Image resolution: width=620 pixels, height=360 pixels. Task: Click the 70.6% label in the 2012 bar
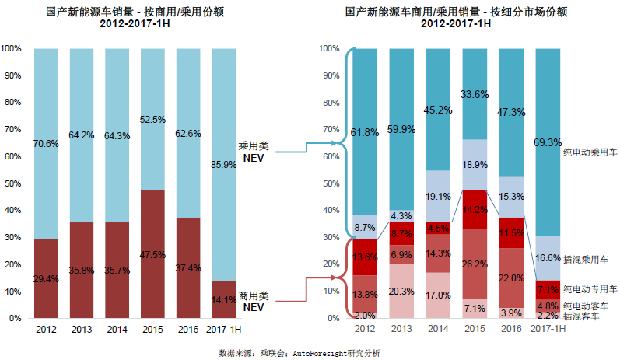[46, 144]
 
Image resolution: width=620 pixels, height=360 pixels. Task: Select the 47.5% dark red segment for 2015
[152, 254]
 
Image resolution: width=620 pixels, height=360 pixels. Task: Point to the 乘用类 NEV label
[253, 150]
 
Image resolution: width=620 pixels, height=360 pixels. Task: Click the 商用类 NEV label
[253, 301]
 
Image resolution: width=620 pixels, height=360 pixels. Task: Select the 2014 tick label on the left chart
[117, 329]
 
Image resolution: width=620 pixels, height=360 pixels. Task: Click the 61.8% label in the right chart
[365, 133]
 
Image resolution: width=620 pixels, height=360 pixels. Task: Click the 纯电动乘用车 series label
[590, 153]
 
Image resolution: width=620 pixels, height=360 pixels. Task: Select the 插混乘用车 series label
[590, 257]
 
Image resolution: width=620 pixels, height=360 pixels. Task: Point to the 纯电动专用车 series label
[590, 288]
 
